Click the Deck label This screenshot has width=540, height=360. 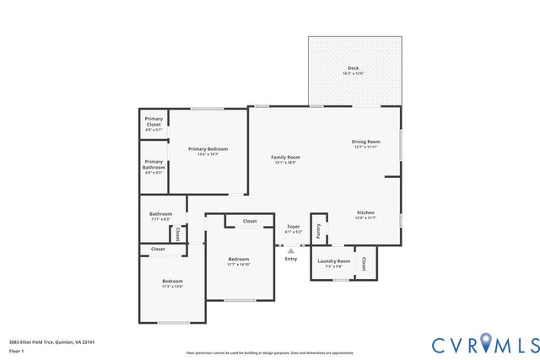point(353,68)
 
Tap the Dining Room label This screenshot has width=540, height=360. point(366,142)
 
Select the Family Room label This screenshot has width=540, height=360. point(285,158)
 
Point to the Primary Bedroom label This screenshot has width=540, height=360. point(208,149)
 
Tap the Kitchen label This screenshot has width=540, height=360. point(365,212)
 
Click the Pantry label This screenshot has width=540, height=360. point(318,228)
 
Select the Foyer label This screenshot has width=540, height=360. point(294,227)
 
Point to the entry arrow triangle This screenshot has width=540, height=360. point(291,250)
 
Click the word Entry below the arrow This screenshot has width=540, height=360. point(291,259)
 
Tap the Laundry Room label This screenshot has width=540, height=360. point(334,261)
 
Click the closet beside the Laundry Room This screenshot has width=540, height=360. point(364,263)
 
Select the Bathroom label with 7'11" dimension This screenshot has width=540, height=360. point(161,214)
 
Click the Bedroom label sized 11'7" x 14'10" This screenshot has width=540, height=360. point(239,260)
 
